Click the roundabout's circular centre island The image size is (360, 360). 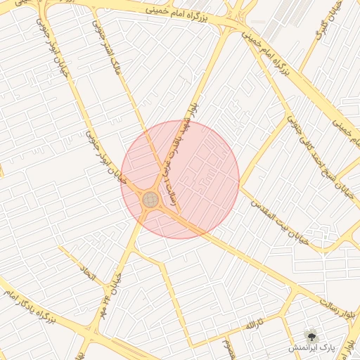pos(150,200)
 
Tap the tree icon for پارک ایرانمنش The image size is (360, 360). pos(311,335)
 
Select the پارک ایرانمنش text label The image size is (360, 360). pos(314,348)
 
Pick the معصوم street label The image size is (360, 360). pos(226,346)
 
